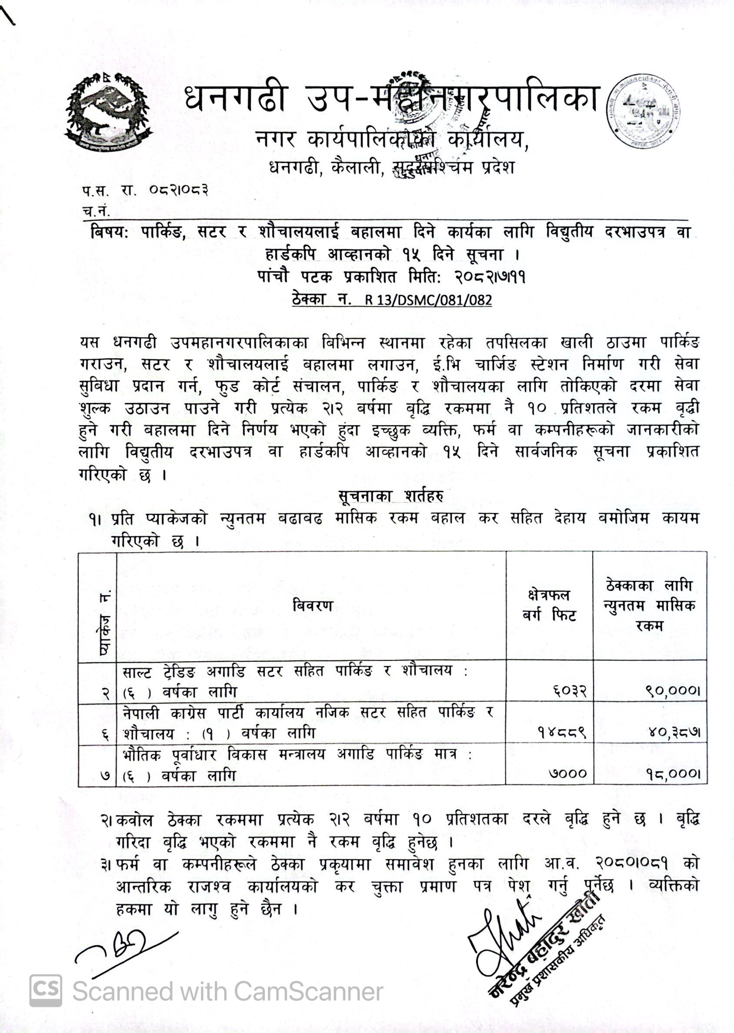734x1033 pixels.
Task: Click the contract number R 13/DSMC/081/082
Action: click(x=428, y=300)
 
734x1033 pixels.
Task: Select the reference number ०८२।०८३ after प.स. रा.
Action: click(x=179, y=190)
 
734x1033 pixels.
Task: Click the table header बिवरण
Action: click(x=312, y=606)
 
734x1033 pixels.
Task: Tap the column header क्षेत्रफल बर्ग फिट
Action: click(x=549, y=605)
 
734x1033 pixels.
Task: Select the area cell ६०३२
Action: click(x=569, y=691)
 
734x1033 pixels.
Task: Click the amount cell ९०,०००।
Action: click(x=673, y=691)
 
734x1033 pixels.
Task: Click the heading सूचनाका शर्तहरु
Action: click(x=390, y=496)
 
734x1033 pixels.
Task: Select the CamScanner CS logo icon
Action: click(x=46, y=990)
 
